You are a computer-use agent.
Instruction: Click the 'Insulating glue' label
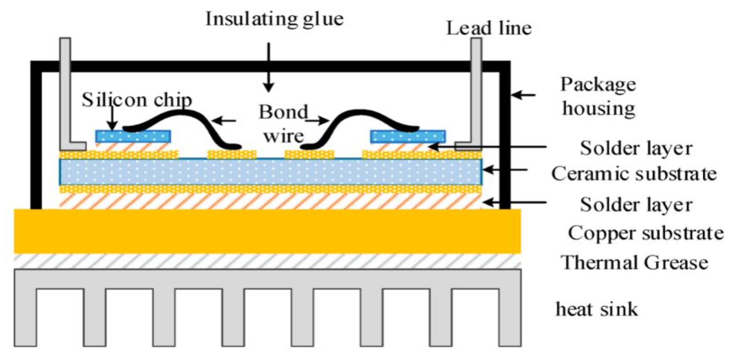pos(274,19)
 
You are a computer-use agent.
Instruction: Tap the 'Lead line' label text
pos(489,28)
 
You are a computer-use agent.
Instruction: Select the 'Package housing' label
pos(598,96)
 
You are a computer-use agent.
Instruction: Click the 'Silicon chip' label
pos(136,100)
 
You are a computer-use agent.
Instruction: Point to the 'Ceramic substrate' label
pos(634,174)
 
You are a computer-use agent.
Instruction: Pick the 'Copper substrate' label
pos(645,233)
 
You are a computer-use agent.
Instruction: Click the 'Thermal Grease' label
pos(634,262)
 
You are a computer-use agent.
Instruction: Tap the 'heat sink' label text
pos(596,309)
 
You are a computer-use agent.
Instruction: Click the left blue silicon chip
pos(133,136)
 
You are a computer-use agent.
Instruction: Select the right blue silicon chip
pos(408,136)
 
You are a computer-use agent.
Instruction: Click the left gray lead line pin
pos(65,93)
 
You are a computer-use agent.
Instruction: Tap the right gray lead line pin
pos(476,93)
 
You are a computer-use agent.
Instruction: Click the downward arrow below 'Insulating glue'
pos(268,67)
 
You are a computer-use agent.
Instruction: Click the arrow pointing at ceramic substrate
pos(505,170)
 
